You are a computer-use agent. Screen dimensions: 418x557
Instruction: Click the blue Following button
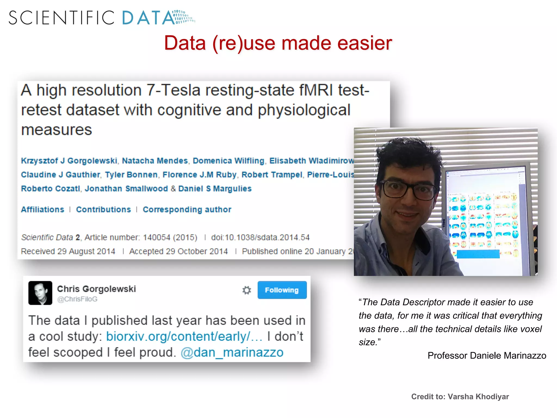click(282, 290)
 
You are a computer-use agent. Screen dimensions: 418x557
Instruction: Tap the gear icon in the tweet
click(247, 290)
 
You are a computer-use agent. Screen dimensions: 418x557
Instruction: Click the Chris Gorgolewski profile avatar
click(40, 293)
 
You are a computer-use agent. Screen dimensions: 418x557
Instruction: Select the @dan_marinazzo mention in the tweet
click(232, 352)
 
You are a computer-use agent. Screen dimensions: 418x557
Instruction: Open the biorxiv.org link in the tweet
click(184, 337)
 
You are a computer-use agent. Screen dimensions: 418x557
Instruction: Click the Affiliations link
click(43, 210)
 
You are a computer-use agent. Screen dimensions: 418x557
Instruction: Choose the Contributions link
click(103, 210)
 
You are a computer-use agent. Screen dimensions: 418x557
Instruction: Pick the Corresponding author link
click(187, 210)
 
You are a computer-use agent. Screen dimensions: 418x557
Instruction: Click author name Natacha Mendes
click(155, 161)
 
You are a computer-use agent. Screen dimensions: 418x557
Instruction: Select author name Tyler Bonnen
click(131, 175)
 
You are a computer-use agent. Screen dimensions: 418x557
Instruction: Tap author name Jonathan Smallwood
click(126, 189)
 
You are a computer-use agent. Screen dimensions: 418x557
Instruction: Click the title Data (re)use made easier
click(278, 43)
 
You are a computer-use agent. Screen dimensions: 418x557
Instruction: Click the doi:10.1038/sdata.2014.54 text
click(260, 238)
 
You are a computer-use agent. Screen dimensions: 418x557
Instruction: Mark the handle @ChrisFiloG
click(77, 299)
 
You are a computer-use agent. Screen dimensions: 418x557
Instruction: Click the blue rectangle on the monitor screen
click(478, 254)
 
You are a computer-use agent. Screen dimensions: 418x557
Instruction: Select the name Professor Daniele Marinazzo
click(487, 355)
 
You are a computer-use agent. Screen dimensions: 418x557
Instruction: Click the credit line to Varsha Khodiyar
click(460, 397)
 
